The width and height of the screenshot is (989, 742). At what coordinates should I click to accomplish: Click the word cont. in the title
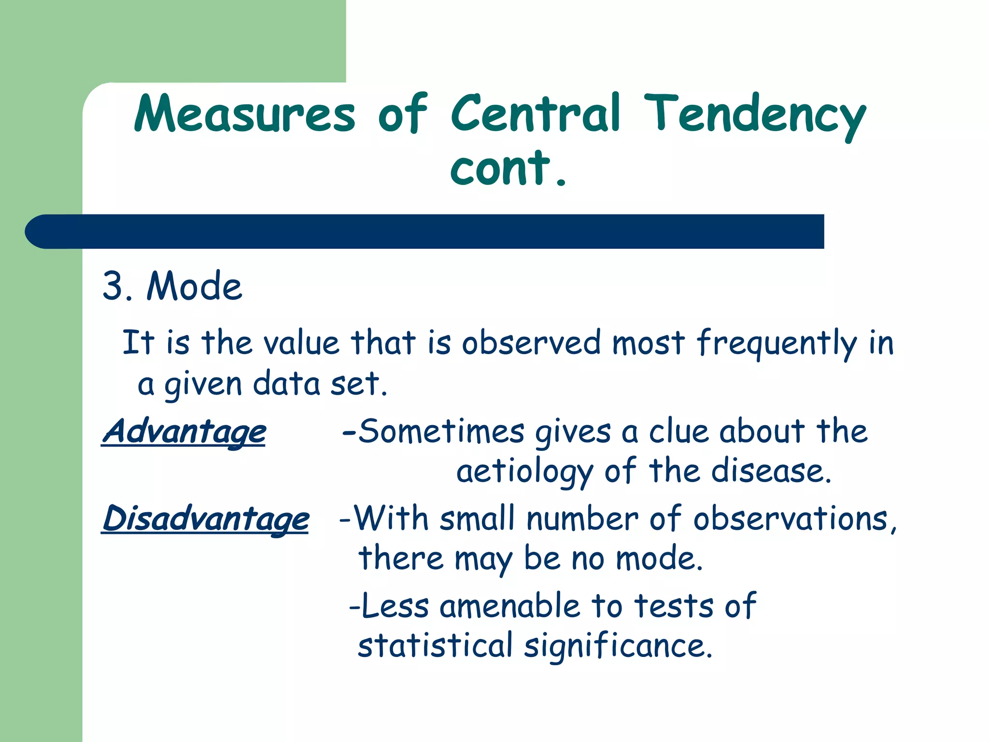click(507, 168)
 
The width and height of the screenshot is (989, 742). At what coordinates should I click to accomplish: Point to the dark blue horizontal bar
click(425, 231)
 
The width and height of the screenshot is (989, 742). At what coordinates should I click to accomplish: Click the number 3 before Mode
click(113, 286)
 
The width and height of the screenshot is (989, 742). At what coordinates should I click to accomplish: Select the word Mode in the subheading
click(194, 286)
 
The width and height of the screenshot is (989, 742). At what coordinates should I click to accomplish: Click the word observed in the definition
click(531, 343)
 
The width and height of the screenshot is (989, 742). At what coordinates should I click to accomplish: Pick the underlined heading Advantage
click(184, 431)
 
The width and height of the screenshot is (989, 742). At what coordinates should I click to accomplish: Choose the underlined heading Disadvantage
click(206, 519)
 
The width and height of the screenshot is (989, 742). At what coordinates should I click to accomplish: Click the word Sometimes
click(441, 431)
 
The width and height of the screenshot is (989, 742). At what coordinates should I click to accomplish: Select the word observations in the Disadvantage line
click(791, 519)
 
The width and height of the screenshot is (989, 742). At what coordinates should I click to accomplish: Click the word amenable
click(509, 606)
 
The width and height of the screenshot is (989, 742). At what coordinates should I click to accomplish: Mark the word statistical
click(435, 646)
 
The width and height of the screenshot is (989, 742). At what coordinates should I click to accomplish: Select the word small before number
click(477, 519)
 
